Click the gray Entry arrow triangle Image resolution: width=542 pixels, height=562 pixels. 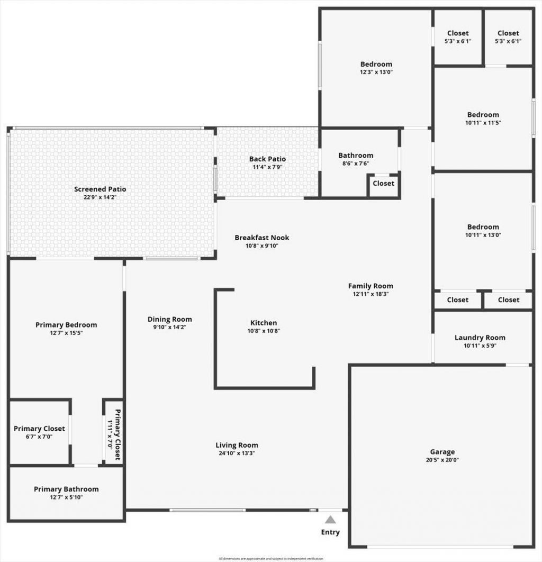330,520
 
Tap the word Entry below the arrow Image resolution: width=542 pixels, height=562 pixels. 330,532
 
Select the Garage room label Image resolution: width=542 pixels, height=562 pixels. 442,452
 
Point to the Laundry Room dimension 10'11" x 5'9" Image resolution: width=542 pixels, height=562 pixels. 480,346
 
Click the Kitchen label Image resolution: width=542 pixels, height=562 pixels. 264,323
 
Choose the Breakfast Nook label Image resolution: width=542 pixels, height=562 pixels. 262,238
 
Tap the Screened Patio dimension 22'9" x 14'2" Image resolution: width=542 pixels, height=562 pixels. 100,197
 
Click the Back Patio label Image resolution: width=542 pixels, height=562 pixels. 267,159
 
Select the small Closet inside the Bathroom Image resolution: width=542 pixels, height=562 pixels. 383,184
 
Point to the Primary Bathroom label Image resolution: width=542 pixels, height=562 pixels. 66,489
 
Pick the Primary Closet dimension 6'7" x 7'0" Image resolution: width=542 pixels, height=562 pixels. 40,437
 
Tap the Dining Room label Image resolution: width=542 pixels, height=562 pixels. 169,319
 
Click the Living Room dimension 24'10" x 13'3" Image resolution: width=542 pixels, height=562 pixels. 237,453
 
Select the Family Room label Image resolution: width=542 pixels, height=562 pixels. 371,286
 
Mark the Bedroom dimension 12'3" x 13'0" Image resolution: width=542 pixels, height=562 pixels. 376,72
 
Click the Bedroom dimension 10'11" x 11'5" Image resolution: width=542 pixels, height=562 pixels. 483,122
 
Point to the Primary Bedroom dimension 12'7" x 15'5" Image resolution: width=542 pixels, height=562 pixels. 66,333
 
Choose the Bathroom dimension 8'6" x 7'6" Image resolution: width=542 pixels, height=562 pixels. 356,163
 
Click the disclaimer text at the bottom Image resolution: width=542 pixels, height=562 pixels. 270,558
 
